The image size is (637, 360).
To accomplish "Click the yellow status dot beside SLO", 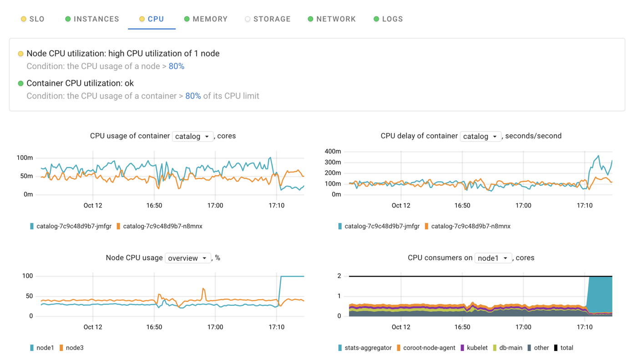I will click(x=24, y=19).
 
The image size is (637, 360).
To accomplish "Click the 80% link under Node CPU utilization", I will click(x=177, y=66).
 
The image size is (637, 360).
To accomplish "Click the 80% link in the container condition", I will click(x=193, y=96).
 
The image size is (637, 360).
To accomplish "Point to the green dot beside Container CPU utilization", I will click(x=20, y=83).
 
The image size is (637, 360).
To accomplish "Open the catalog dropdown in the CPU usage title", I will click(x=192, y=137).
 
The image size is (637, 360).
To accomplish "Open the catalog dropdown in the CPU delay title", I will click(x=480, y=137).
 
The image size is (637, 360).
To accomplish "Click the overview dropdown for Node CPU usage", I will click(x=188, y=258).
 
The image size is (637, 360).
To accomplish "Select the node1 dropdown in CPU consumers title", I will click(x=493, y=258).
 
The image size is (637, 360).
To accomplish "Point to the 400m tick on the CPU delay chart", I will click(x=333, y=151).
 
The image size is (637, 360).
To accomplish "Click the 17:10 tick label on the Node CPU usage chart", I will click(x=277, y=327).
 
